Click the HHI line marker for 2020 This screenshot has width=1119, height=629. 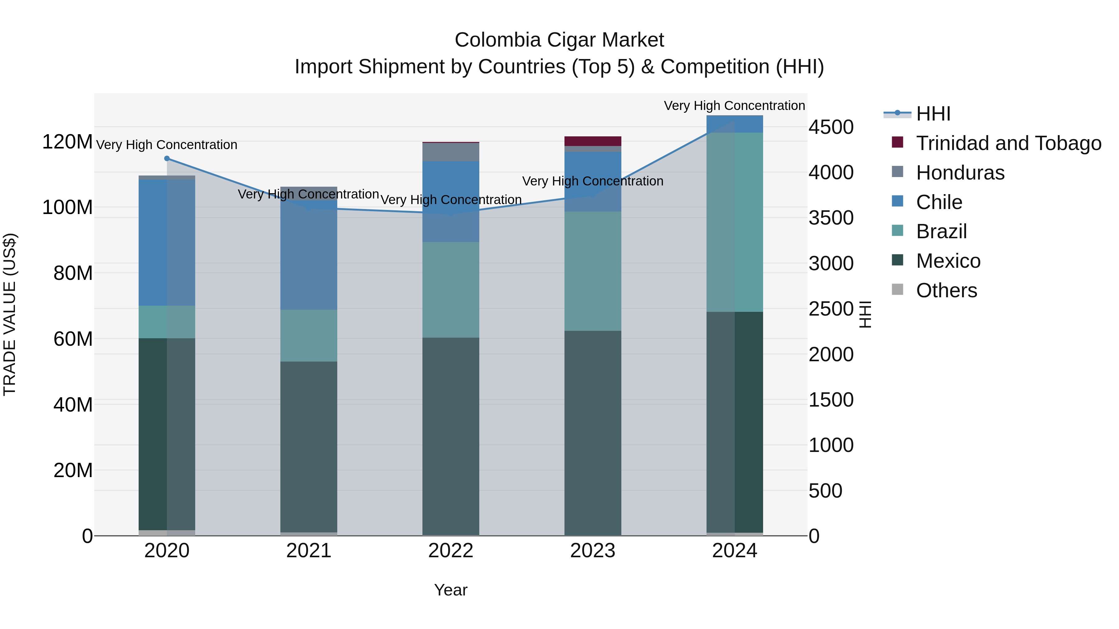(167, 158)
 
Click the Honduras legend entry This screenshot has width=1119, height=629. (960, 173)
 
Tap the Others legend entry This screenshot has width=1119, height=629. (946, 290)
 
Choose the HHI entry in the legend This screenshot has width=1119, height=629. (933, 114)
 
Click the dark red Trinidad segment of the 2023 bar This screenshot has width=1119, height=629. (592, 141)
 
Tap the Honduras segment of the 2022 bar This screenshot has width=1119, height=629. (450, 152)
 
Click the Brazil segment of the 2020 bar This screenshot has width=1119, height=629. (167, 322)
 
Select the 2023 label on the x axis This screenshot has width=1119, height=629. (592, 551)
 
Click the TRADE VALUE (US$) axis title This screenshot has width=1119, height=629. (10, 314)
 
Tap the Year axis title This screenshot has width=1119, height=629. (450, 590)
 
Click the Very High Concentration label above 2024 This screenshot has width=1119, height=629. (734, 106)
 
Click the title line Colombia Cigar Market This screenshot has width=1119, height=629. (559, 40)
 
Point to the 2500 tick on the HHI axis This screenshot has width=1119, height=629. (831, 309)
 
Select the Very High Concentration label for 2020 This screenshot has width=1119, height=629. (167, 144)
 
